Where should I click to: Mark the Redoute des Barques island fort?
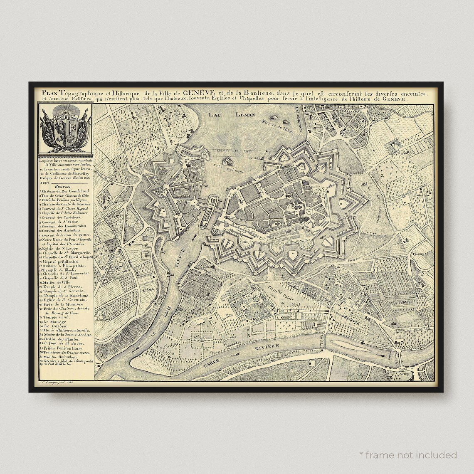click(x=227, y=163)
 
